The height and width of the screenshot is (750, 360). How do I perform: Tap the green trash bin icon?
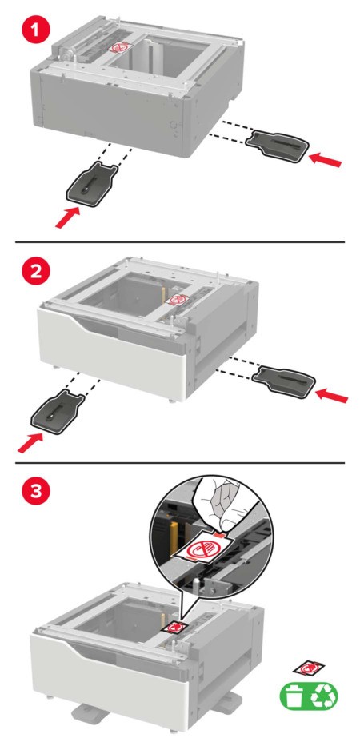[294, 695]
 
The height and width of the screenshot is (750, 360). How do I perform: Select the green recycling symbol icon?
[324, 695]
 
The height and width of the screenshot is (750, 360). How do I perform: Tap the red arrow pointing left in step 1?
[326, 159]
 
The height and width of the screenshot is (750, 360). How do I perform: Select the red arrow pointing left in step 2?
[331, 394]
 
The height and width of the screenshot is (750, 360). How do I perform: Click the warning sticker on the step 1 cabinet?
[118, 46]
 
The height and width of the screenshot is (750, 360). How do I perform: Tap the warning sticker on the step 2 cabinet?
[178, 300]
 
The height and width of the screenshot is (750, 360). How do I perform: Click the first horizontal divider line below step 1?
[180, 242]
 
